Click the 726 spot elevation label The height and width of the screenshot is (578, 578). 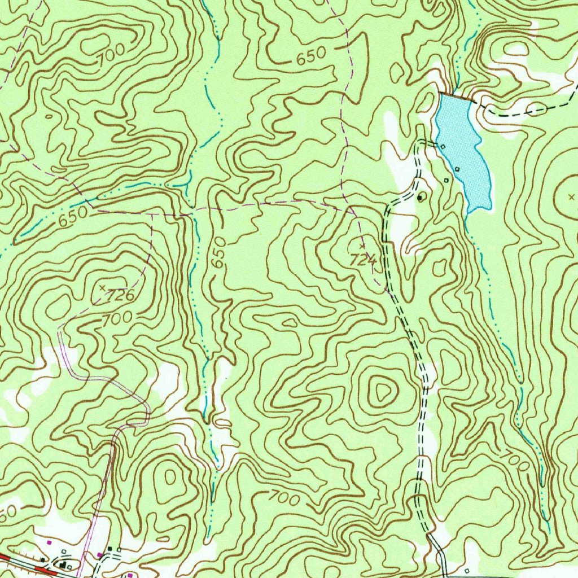(x=121, y=295)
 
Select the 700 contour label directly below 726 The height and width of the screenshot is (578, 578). (x=117, y=319)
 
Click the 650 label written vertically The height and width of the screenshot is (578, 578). (x=219, y=252)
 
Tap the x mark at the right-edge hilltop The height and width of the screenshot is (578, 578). (x=572, y=197)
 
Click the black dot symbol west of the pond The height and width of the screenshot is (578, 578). (x=421, y=198)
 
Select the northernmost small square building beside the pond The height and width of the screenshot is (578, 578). (x=443, y=147)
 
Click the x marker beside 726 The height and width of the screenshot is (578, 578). (x=102, y=288)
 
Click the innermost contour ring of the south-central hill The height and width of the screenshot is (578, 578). (x=382, y=389)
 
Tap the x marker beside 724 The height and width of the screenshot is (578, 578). (x=362, y=246)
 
